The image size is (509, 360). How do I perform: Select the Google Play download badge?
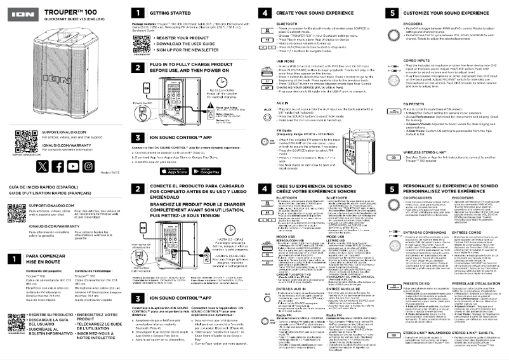pyautogui.click(x=199, y=170)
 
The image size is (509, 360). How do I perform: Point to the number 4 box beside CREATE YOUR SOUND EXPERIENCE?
pyautogui.click(x=265, y=12)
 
